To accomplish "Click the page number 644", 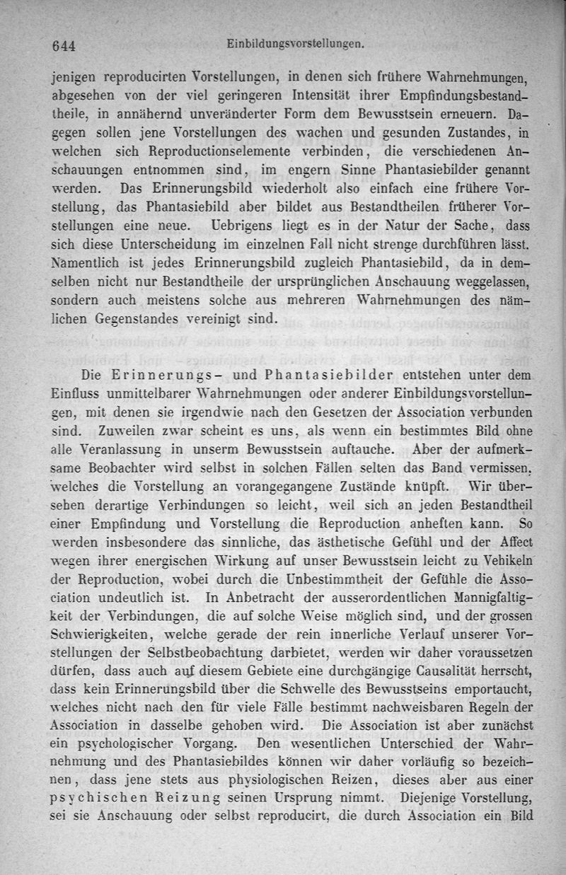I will (x=63, y=46).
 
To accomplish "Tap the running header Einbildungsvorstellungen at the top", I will (x=296, y=44).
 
